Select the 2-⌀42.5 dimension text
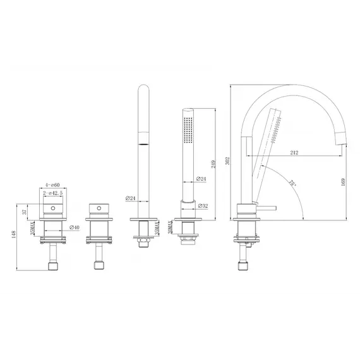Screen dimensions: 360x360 (53, 195)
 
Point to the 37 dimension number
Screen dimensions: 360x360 (25, 212)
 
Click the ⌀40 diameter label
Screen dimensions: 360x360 (73, 227)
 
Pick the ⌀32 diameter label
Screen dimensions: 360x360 (202, 205)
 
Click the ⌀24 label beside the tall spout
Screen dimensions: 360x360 (131, 198)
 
